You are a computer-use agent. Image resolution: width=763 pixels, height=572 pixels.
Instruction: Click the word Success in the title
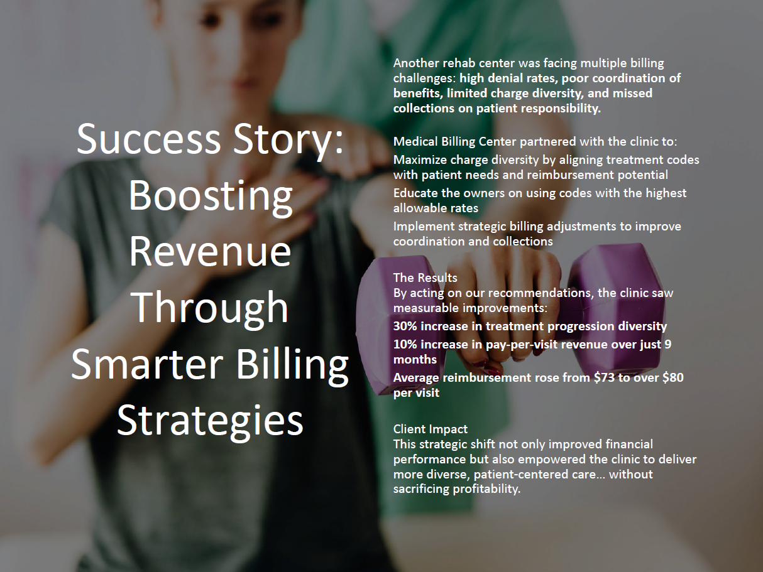click(x=148, y=138)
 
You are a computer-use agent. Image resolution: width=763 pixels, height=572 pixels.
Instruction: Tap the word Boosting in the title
click(x=211, y=197)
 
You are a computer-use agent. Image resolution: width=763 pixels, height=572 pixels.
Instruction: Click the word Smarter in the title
click(x=147, y=364)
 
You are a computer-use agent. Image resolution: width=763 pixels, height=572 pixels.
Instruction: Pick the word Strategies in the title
click(x=210, y=421)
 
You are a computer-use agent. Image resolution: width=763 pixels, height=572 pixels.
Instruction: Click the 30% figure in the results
click(x=405, y=326)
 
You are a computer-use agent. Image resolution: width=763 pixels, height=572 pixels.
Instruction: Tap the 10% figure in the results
click(x=405, y=344)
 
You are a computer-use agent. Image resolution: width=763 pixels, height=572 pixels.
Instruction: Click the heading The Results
click(x=425, y=278)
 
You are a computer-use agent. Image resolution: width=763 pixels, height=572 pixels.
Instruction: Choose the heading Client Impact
click(x=431, y=429)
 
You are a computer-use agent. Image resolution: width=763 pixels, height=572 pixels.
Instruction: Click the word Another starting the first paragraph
click(x=414, y=63)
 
